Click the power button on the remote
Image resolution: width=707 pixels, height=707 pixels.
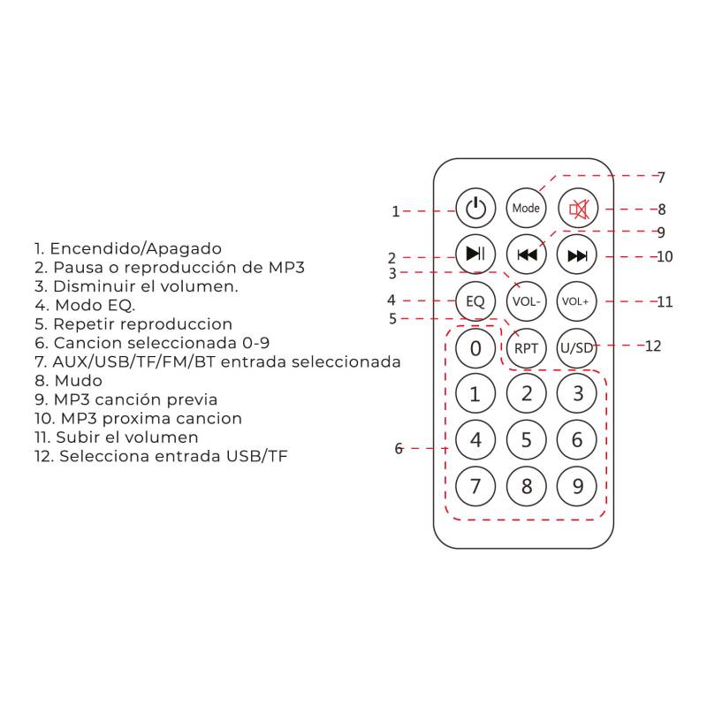(475, 209)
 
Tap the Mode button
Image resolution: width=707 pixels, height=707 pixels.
(527, 209)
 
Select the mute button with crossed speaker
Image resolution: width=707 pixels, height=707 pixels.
(578, 209)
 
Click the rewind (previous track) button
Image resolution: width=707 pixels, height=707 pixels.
(527, 255)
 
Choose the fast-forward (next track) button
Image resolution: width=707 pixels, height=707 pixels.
(578, 255)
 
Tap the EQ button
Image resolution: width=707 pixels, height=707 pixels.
(475, 301)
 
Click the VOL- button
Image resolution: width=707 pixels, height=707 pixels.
(527, 301)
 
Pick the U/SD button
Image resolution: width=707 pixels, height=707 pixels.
(577, 347)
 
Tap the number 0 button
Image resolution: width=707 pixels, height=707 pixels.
(475, 348)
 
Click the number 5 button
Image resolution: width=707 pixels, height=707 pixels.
(527, 439)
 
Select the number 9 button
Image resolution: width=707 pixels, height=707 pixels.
(578, 485)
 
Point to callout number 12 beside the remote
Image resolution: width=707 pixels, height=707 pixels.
(653, 346)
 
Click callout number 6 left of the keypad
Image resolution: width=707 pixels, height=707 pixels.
(399, 449)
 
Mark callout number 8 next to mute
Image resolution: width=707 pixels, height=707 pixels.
(661, 210)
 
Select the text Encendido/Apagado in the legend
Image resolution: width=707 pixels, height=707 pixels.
(135, 248)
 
